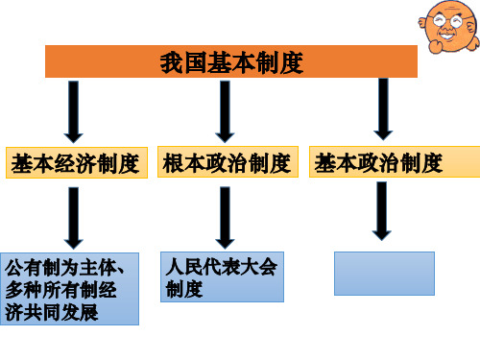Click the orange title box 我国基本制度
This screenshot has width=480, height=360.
pos(230,64)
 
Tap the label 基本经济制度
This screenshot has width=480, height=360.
pos(74,162)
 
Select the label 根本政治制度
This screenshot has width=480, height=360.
pos(227,162)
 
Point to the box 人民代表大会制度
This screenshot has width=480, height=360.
pos(220,276)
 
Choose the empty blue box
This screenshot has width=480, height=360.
pos(384,273)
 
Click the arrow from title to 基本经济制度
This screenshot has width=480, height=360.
pos(74,113)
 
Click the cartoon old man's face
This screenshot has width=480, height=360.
pos(446,26)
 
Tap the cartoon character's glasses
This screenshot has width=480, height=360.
pos(446,21)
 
